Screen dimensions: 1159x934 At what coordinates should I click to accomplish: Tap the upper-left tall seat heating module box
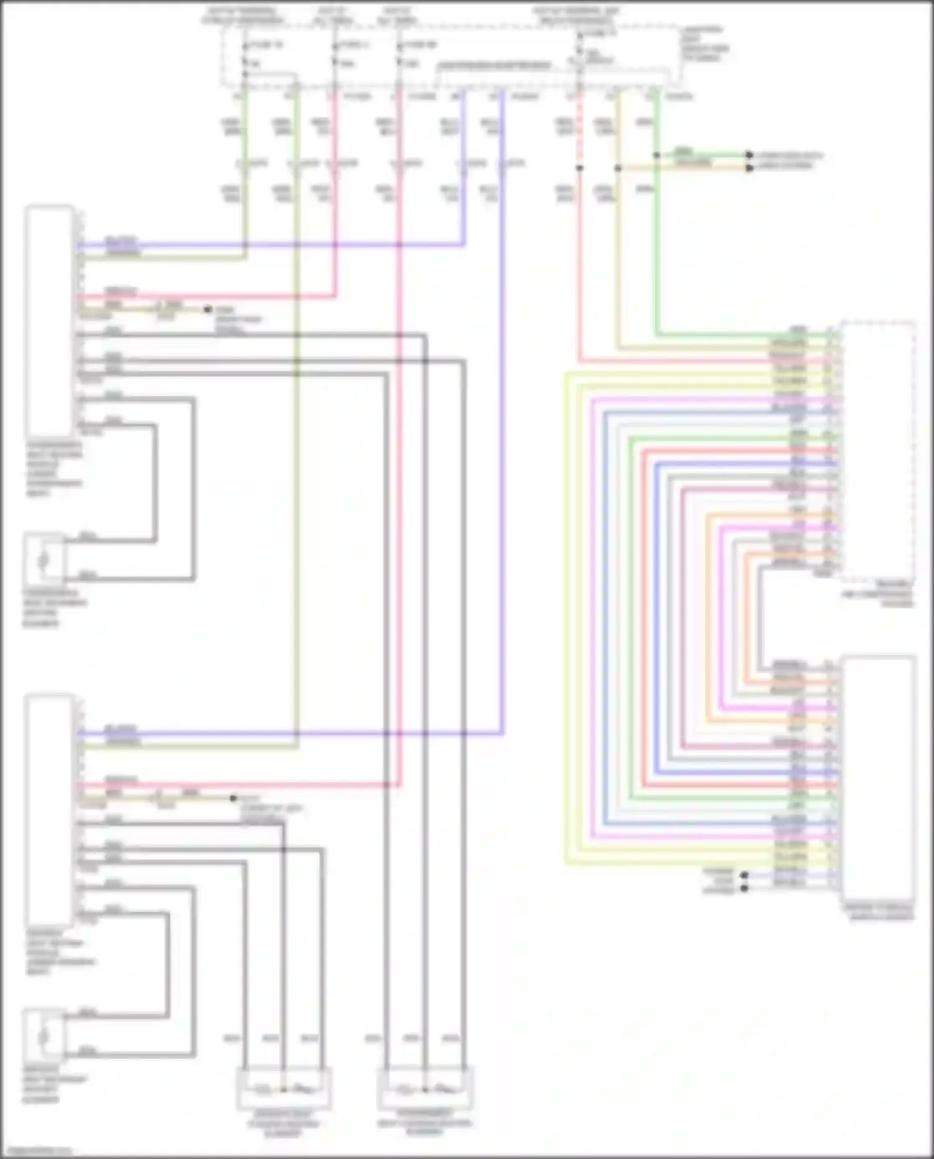pos(49,321)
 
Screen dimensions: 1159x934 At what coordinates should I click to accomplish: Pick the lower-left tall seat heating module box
pos(49,810)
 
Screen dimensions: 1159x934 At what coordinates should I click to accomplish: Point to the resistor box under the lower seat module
pos(44,1034)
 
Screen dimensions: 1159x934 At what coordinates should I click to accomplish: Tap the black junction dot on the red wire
pos(579,168)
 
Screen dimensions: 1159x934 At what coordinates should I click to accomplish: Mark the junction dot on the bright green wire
pos(656,154)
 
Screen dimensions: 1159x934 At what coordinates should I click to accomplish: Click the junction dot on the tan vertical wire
pos(618,168)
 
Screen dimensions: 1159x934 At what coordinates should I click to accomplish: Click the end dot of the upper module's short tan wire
pos(208,309)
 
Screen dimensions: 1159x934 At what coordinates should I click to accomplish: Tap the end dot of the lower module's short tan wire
pos(233,798)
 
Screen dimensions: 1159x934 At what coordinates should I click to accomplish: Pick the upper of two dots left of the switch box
pos(743,875)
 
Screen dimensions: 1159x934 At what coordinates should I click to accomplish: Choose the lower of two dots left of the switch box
pos(743,888)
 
